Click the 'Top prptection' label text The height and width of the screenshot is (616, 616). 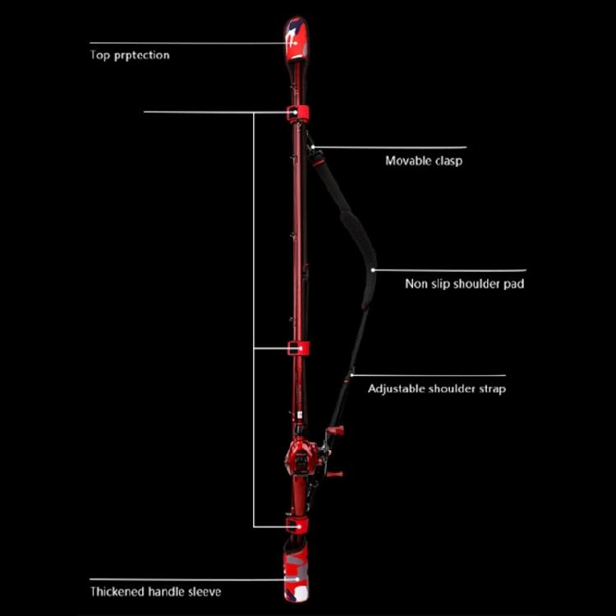tap(130, 55)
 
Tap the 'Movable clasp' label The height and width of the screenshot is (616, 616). tap(424, 161)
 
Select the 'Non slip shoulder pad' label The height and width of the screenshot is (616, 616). tap(465, 283)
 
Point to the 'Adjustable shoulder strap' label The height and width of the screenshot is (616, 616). tap(437, 389)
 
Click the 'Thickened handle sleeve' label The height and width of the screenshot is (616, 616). tap(155, 591)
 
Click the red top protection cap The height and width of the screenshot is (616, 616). tap(297, 39)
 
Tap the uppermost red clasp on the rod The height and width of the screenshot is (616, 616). tap(297, 113)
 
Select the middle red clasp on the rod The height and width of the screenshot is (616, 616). tap(298, 348)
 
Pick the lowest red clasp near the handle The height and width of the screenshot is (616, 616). tap(297, 525)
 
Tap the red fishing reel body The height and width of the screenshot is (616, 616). tap(301, 457)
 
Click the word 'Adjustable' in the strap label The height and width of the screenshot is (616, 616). tap(397, 389)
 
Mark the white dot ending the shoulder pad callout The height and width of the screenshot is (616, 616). tap(373, 270)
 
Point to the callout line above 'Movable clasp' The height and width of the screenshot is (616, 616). tap(390, 148)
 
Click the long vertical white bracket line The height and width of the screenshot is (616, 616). tap(254, 319)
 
